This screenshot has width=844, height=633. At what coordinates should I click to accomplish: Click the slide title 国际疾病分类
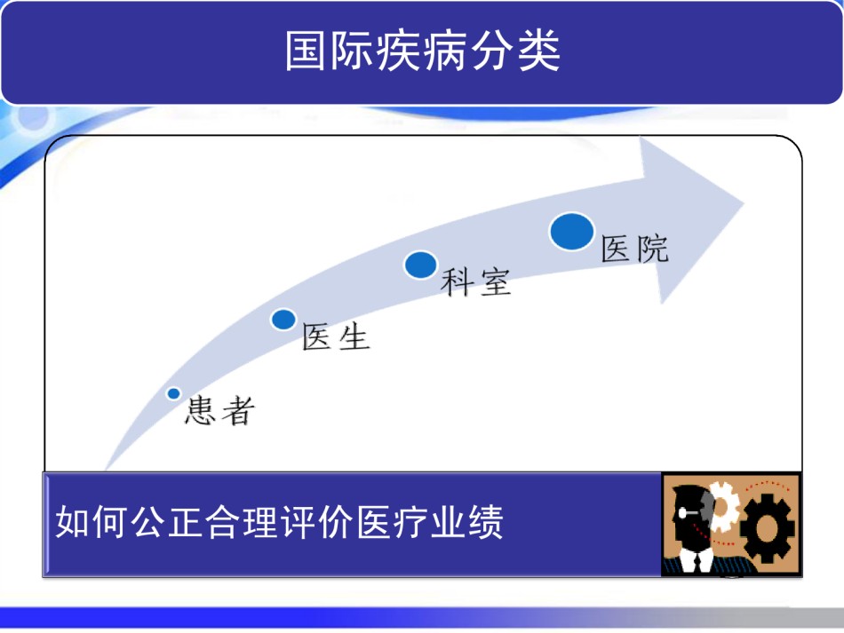click(x=423, y=51)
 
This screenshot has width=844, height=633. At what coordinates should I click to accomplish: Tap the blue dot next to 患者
click(x=173, y=393)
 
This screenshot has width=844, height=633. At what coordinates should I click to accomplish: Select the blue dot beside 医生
click(x=283, y=320)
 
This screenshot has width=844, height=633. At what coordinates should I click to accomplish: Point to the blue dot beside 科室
click(x=420, y=265)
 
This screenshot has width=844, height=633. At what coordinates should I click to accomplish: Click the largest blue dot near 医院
click(x=571, y=232)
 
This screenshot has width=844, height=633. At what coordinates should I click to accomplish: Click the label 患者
click(x=219, y=411)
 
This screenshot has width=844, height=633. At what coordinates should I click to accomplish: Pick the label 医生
click(x=336, y=336)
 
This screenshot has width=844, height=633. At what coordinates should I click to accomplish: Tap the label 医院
click(x=634, y=249)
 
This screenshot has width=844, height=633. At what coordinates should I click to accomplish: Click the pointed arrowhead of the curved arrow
click(x=744, y=203)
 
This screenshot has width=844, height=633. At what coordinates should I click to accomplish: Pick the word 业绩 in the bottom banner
click(x=467, y=522)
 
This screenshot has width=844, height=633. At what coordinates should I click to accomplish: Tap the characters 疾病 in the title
click(x=423, y=51)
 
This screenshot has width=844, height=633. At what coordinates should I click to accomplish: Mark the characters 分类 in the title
click(x=515, y=51)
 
